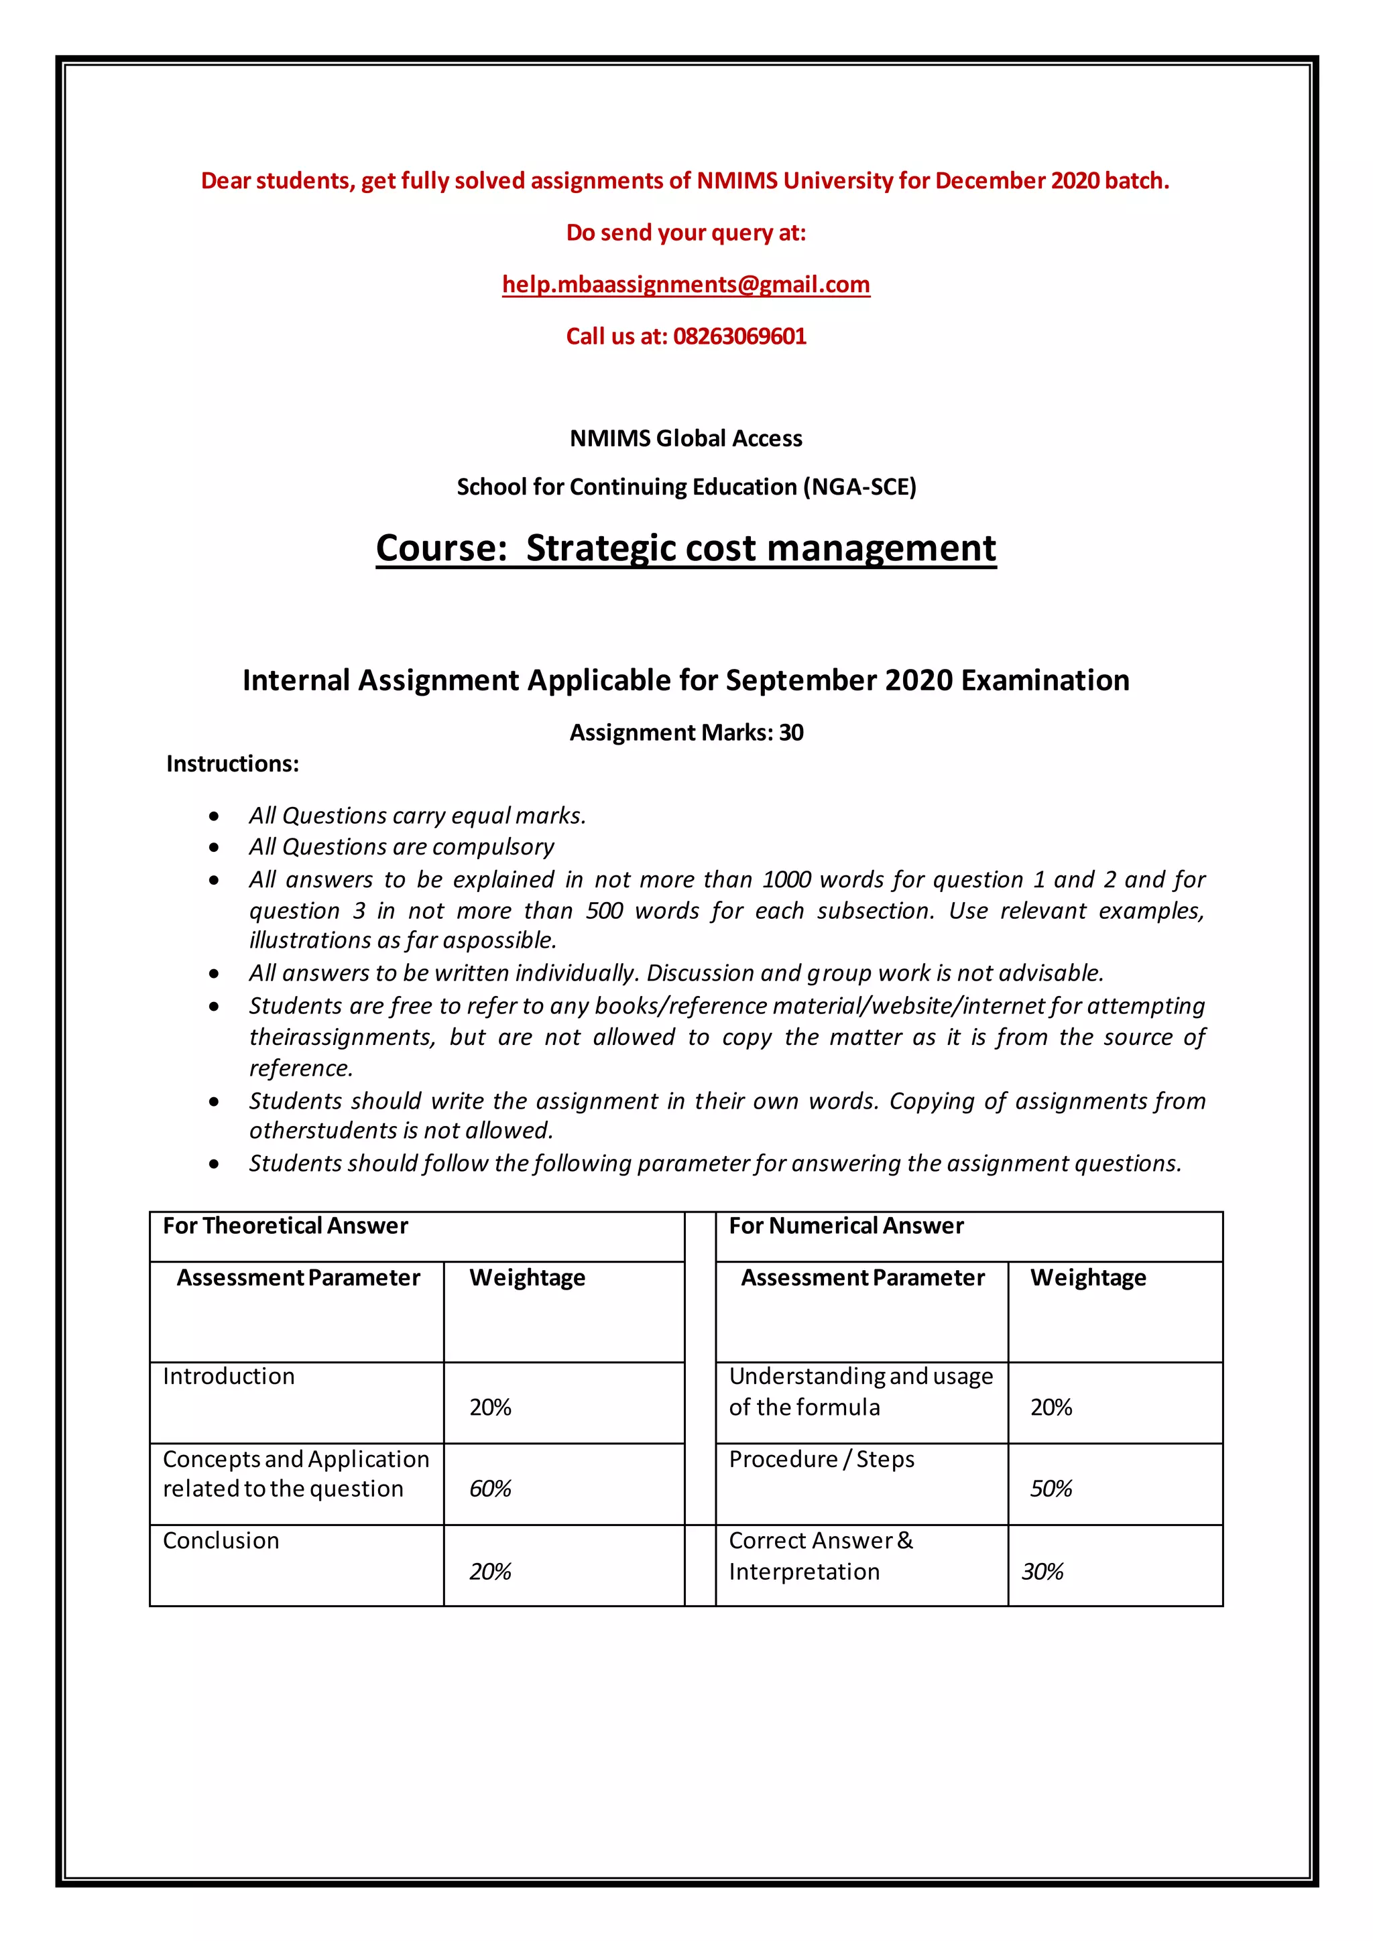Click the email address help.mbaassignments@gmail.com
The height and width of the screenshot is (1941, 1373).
(686, 285)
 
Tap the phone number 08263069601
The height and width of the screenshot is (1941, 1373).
(739, 336)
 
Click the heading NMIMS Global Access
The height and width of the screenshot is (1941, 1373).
(686, 439)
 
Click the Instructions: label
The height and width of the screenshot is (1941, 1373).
(233, 764)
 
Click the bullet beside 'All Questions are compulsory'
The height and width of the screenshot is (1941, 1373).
(215, 848)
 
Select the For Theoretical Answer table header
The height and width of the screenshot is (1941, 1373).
(285, 1226)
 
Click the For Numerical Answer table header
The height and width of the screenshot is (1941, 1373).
(845, 1226)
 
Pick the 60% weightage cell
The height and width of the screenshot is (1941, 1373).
(490, 1489)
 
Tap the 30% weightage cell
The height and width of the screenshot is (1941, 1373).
(1042, 1572)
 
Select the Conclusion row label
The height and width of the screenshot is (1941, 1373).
(221, 1540)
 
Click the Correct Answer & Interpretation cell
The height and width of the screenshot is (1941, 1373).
(820, 1556)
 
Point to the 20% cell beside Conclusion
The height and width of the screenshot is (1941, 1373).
(490, 1572)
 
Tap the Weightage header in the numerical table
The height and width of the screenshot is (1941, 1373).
(1087, 1277)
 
